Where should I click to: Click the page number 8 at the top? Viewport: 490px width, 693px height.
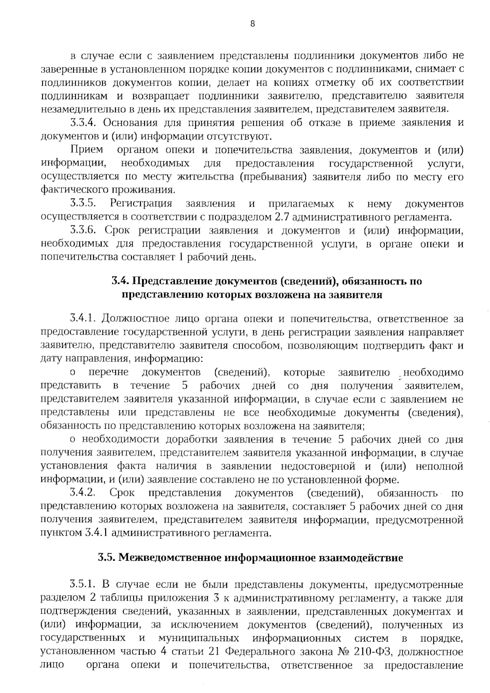coord(252,24)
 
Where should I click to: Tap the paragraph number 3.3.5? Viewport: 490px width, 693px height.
coord(83,203)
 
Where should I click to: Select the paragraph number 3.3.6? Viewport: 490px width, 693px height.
coord(83,230)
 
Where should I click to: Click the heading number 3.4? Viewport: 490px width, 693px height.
coord(120,281)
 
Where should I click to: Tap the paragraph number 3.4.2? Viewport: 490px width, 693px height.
coord(83,493)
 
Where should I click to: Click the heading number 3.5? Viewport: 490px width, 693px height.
coord(107,558)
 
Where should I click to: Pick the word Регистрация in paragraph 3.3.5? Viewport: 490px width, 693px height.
coord(141,203)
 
